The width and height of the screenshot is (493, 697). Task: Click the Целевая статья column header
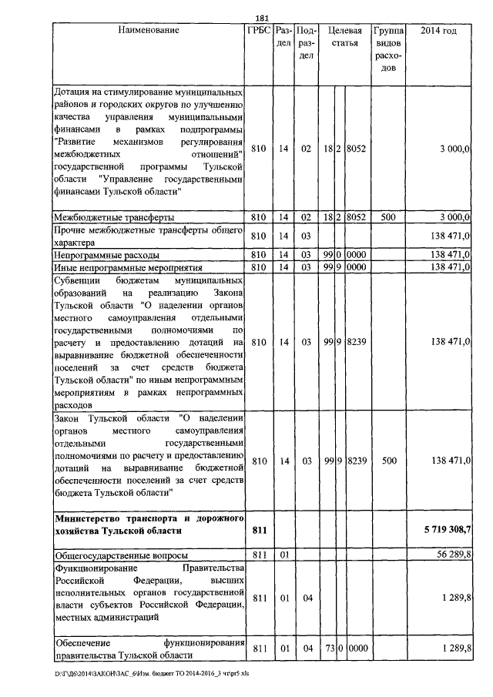point(344,37)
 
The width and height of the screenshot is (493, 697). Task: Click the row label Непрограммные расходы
point(106,254)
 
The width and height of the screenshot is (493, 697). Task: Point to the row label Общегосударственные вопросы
point(115,554)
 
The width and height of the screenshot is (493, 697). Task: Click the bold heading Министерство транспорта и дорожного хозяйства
point(148,524)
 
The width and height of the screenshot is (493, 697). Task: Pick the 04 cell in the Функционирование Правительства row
point(307,597)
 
